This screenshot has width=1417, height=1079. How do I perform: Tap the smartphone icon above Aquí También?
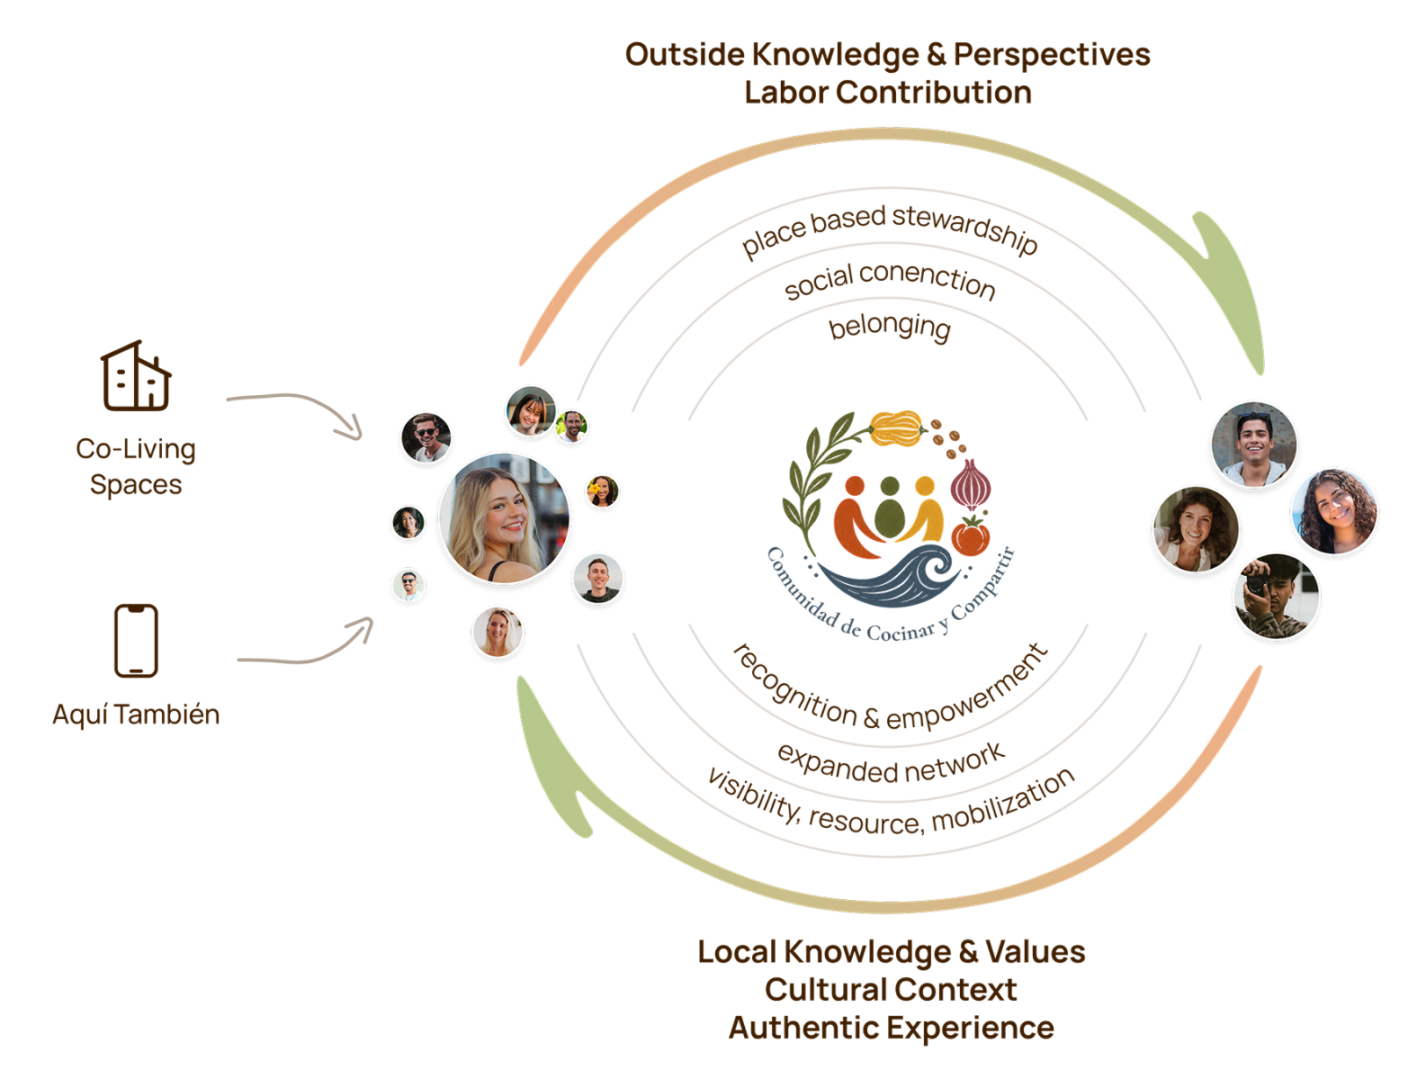click(136, 641)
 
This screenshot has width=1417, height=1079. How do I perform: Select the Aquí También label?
click(136, 715)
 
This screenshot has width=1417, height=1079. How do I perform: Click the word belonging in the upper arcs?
click(889, 327)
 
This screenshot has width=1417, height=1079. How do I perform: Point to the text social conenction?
click(889, 280)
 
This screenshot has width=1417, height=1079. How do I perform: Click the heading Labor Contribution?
click(888, 93)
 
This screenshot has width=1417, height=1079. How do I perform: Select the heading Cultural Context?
click(891, 989)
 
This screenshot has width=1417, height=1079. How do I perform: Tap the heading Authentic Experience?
click(891, 1028)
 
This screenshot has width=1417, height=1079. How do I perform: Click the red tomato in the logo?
click(970, 536)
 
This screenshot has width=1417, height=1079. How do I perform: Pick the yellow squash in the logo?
click(897, 427)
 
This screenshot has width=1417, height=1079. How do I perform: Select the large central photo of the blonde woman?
click(504, 518)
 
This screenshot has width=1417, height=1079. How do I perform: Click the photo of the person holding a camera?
click(1277, 596)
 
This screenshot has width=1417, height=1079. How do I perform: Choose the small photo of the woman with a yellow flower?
click(602, 490)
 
